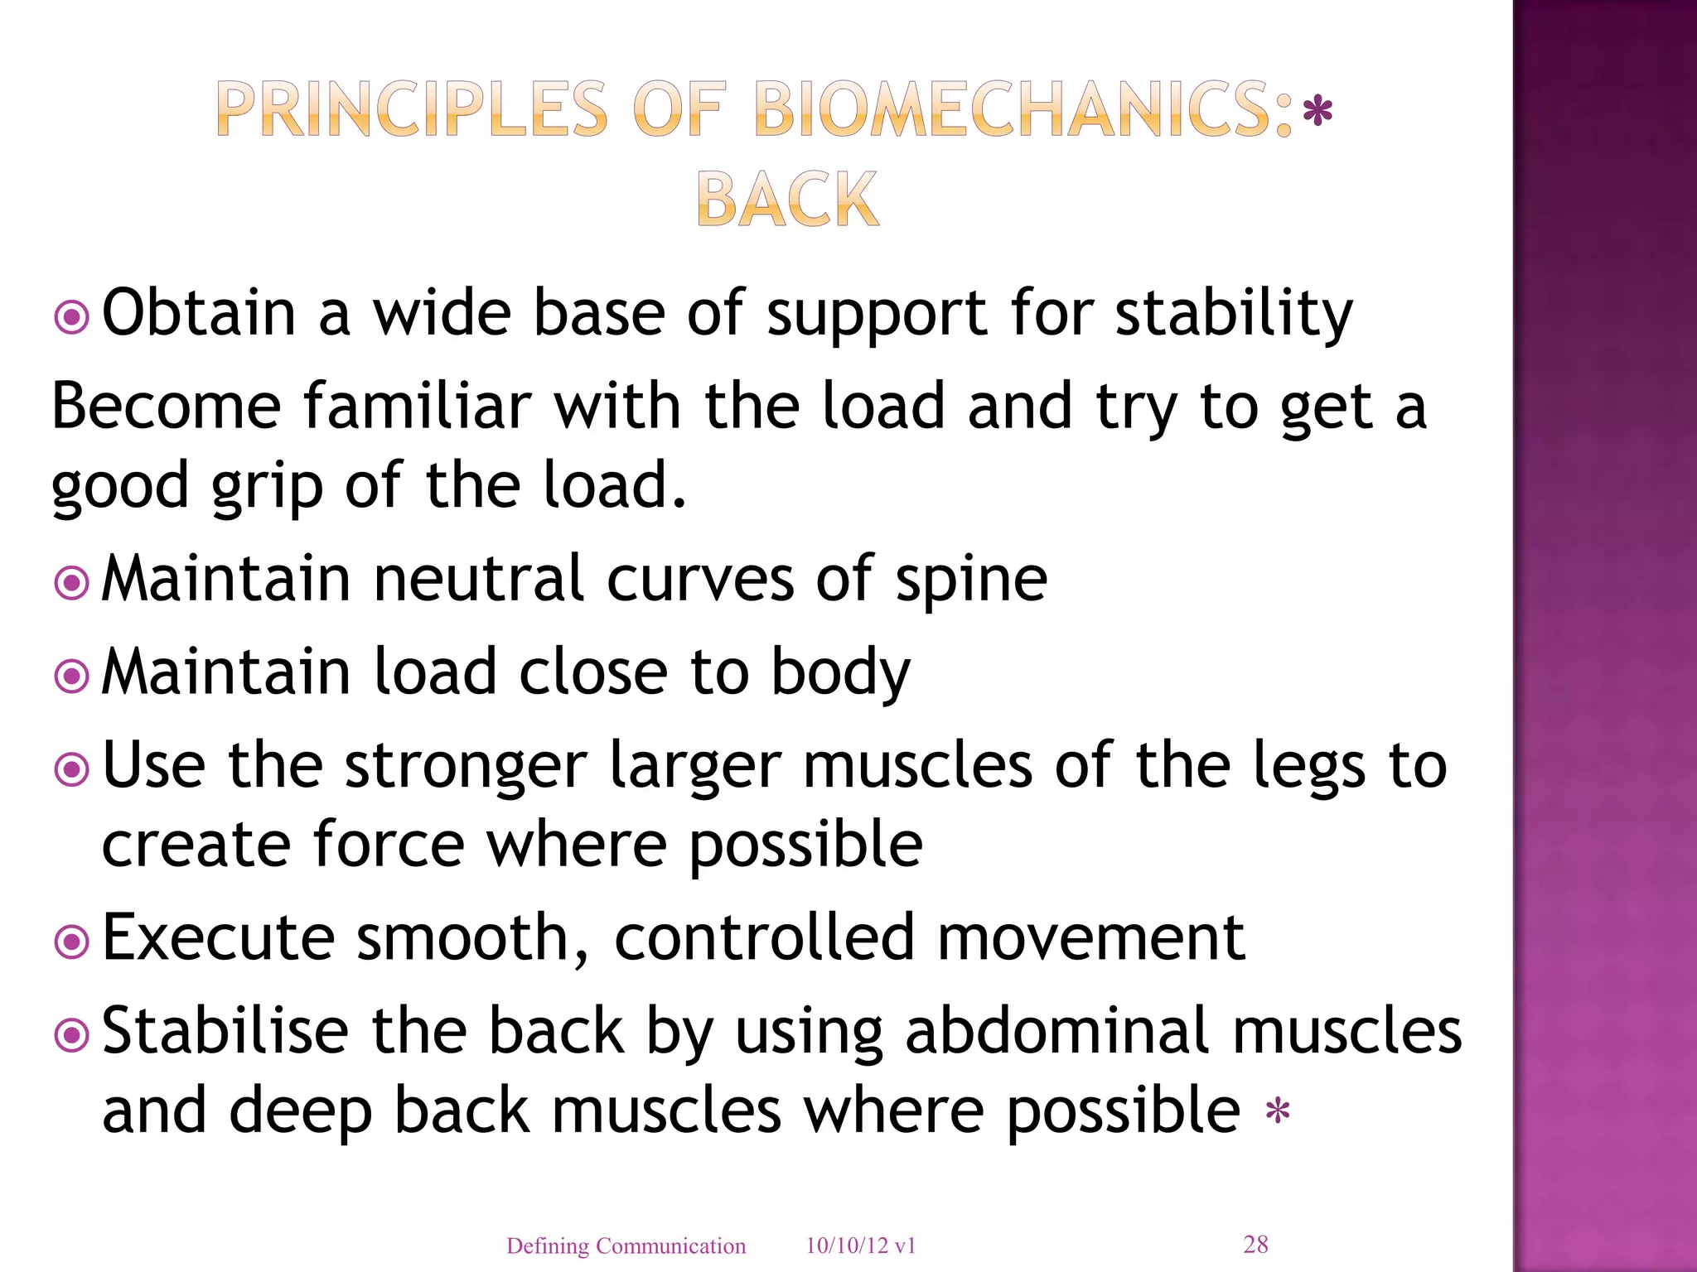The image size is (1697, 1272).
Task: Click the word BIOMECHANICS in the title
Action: coord(1023,110)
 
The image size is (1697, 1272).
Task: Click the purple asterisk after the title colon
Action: coord(1317,112)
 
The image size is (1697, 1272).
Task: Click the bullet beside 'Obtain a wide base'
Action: coord(71,316)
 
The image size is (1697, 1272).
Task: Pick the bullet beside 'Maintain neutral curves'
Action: coord(71,583)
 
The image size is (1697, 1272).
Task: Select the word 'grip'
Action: coord(267,487)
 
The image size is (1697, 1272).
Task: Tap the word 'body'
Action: coord(840,673)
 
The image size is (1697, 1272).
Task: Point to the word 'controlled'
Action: coord(764,938)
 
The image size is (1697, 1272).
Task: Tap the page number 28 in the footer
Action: coord(1255,1244)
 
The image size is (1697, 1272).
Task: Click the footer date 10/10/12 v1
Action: coord(860,1245)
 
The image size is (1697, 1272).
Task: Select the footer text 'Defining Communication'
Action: coord(626,1245)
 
